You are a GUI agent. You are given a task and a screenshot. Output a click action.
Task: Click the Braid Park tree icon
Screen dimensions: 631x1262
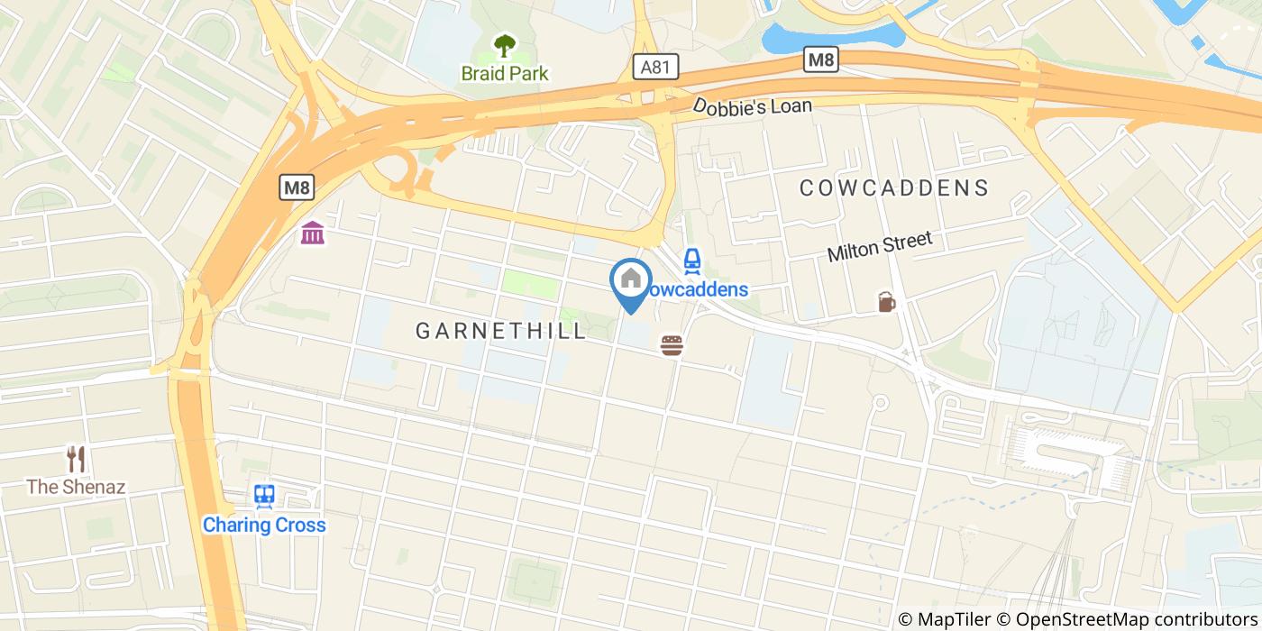point(504,45)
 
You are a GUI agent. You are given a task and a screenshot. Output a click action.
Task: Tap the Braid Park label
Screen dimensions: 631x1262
point(504,73)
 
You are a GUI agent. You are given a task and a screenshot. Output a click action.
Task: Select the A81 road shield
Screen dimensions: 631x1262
point(654,67)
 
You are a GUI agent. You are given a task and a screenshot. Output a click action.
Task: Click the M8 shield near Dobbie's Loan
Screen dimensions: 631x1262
point(821,60)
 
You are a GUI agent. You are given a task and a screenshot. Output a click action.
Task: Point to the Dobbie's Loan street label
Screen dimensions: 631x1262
point(752,106)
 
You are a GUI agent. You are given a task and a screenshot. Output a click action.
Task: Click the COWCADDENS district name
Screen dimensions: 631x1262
point(894,187)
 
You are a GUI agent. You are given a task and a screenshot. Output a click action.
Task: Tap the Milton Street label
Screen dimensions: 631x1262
point(879,247)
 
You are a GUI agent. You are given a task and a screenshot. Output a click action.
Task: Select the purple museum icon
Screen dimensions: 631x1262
point(313,233)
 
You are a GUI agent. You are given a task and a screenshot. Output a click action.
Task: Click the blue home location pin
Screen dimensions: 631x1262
point(631,281)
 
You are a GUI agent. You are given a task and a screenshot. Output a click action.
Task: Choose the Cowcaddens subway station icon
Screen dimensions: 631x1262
point(691,261)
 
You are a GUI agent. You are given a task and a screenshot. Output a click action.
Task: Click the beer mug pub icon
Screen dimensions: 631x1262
point(887,302)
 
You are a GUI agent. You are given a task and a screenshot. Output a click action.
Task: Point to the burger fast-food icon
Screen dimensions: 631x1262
point(672,345)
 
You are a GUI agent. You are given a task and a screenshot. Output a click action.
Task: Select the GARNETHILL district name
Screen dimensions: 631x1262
point(501,331)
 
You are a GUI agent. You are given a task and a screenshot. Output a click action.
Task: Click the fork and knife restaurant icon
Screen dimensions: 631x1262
point(77,459)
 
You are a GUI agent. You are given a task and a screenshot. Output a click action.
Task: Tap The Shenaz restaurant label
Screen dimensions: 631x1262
point(76,487)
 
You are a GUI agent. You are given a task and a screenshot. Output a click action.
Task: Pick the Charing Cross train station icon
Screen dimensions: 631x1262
point(264,496)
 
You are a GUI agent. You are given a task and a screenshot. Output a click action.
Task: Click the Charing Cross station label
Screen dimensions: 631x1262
point(264,525)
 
